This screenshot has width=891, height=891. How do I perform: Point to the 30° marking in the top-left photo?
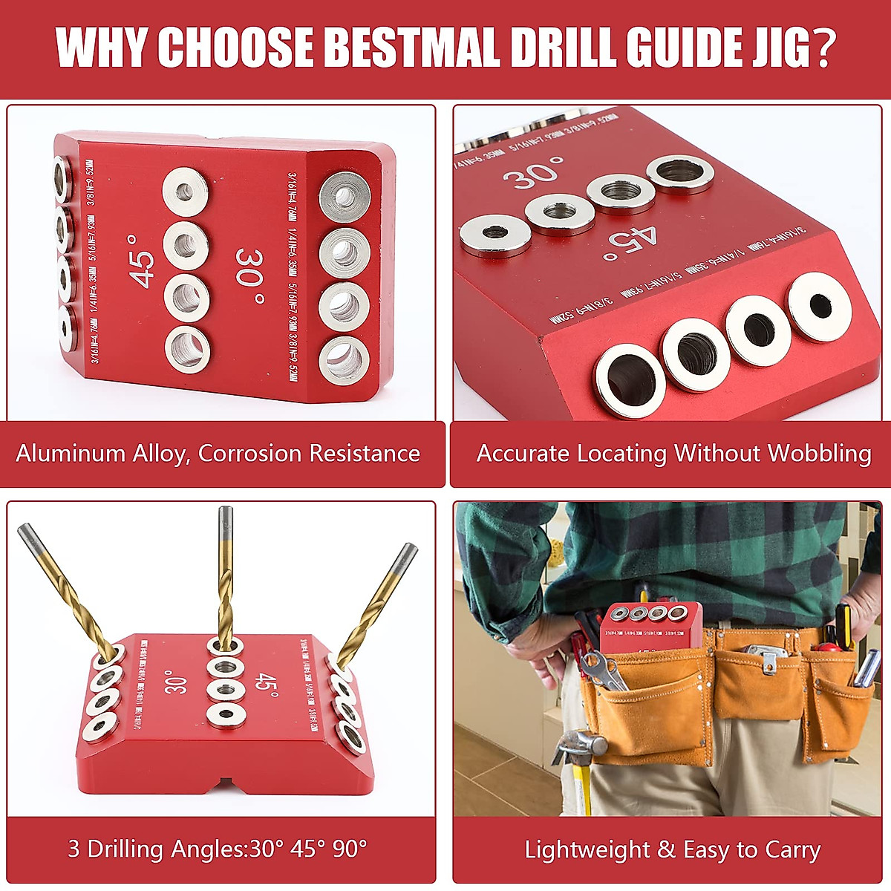(249, 277)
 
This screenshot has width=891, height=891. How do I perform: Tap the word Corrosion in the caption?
(251, 454)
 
